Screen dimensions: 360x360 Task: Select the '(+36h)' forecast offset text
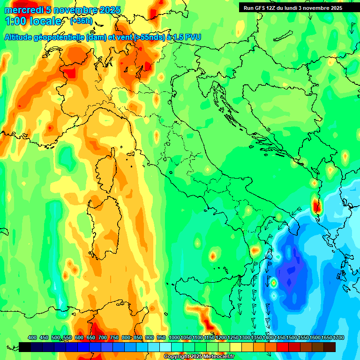click(81, 21)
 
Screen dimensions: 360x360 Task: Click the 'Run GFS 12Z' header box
click(293, 8)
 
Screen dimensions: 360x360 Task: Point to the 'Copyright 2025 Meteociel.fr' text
click(199, 357)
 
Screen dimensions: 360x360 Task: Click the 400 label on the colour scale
click(32, 338)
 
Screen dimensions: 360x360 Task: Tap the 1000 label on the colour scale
click(174, 338)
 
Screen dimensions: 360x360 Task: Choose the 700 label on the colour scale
click(103, 338)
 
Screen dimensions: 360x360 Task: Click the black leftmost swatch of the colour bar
click(25, 347)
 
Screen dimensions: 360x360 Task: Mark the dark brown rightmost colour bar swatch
click(330, 347)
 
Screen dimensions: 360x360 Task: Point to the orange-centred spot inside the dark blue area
click(273, 283)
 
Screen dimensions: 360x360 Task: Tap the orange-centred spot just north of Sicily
click(213, 256)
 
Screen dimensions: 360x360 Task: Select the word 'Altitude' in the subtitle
click(20, 37)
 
